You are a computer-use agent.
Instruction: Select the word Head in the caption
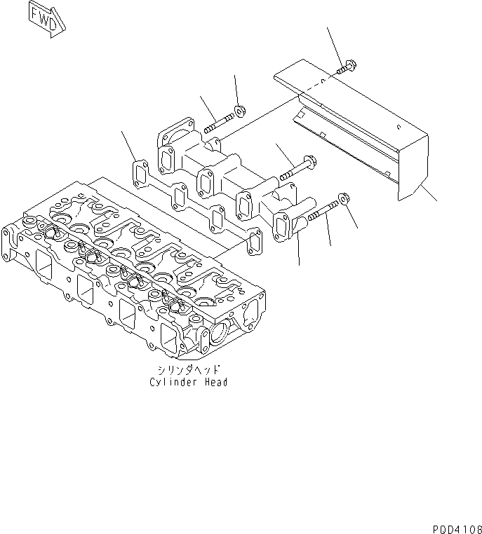(x=216, y=382)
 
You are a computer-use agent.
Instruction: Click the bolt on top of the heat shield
(x=344, y=68)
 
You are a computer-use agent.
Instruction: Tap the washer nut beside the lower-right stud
(x=344, y=200)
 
